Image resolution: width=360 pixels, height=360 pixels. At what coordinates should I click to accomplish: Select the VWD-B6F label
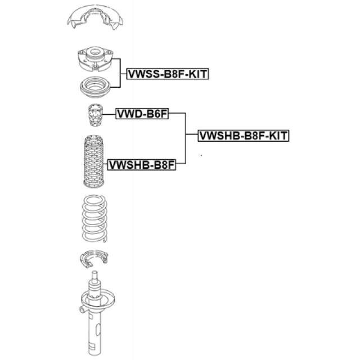pyautogui.click(x=142, y=114)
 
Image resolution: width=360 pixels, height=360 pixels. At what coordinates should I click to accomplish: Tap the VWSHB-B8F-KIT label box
pyautogui.click(x=243, y=136)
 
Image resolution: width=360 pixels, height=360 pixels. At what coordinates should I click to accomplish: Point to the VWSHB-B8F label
pyautogui.click(x=141, y=165)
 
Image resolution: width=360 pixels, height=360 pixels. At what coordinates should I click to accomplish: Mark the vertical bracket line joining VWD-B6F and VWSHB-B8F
pyautogui.click(x=186, y=139)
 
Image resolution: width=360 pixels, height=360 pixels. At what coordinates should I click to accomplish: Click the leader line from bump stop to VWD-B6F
pyautogui.click(x=109, y=114)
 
